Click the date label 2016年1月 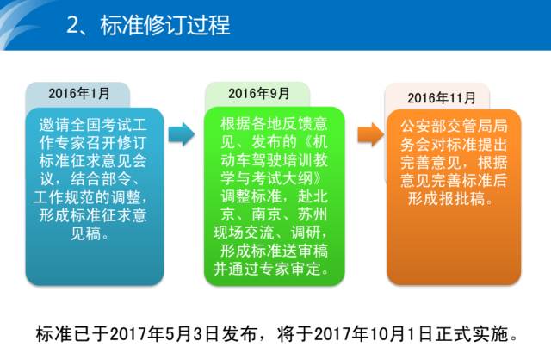tap(79, 94)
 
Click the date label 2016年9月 tap(259, 94)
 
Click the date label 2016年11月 tap(442, 97)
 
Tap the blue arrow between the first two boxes tap(182, 134)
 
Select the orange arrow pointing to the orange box tap(371, 134)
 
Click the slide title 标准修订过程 tap(165, 25)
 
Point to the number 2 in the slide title tap(72, 26)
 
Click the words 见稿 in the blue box tap(86, 233)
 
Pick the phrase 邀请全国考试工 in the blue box tap(93, 125)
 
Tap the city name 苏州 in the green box tap(313, 214)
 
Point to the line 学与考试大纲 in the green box tap(267, 178)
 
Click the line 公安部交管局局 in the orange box tap(454, 127)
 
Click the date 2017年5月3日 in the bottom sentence tap(164, 333)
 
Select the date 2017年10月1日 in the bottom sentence tap(374, 333)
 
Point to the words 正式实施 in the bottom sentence tap(472, 333)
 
